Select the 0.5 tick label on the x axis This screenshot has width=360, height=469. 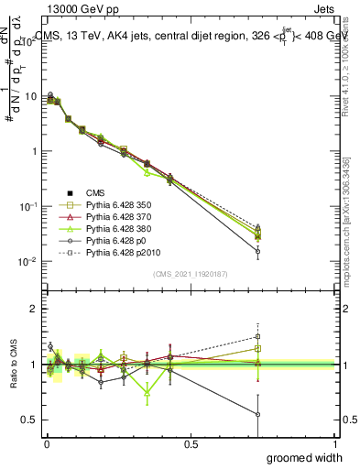click(x=191, y=443)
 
